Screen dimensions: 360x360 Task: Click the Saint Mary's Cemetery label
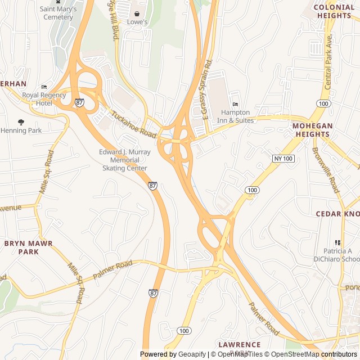tap(56, 13)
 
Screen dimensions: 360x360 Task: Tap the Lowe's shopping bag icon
tap(137, 13)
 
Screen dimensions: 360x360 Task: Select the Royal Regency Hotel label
tap(44, 99)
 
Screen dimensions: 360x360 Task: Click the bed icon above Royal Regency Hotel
tap(44, 87)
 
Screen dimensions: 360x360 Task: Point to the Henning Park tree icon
tap(21, 122)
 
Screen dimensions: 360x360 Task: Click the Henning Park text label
tap(21, 130)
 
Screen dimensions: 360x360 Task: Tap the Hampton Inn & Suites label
tap(235, 116)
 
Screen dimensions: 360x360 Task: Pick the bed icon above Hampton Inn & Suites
tap(235, 104)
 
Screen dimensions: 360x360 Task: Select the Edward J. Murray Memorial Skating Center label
tap(125, 160)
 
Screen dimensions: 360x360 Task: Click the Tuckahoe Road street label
tap(133, 125)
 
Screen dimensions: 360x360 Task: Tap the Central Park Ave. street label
tap(328, 62)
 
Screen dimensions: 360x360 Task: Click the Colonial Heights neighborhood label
tap(334, 11)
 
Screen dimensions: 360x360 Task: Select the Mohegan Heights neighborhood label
tap(312, 130)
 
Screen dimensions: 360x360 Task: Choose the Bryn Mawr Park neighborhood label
tap(28, 247)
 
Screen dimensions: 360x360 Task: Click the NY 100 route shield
tap(284, 159)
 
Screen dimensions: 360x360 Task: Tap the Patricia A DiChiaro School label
tap(341, 255)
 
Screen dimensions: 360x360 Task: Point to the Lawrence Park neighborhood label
tap(240, 348)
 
